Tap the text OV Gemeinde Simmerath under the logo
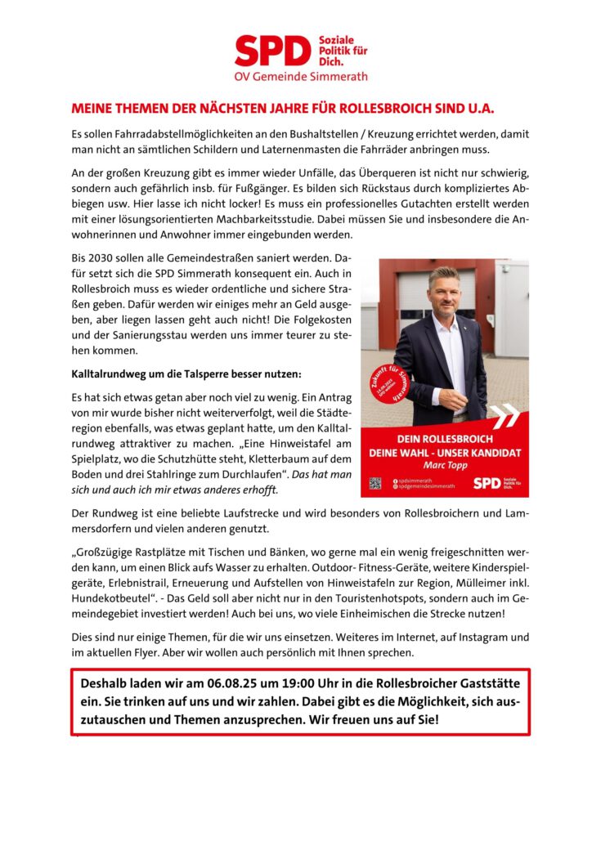[301, 77]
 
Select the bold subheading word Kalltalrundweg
[113, 374]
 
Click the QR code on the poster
[375, 483]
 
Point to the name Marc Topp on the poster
[444, 466]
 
